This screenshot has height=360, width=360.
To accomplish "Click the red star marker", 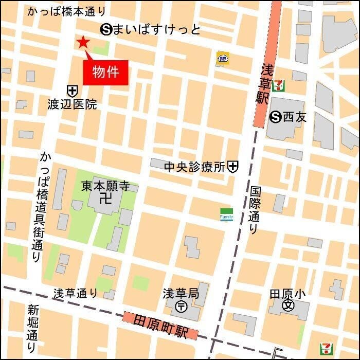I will click(x=82, y=43).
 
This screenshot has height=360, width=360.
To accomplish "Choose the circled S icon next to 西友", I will click(x=276, y=117).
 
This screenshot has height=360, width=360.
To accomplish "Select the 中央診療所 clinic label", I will click(x=195, y=167).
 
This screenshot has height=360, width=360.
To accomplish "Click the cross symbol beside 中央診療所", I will click(x=233, y=166).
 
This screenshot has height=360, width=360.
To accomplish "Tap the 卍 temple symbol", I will click(x=106, y=197).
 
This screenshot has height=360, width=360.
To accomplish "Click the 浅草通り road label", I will click(x=75, y=293).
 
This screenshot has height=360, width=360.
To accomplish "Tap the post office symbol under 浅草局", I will click(x=181, y=307).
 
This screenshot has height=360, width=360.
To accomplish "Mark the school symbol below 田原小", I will click(x=288, y=306).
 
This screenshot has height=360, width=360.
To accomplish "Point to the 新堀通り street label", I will click(x=33, y=329).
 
